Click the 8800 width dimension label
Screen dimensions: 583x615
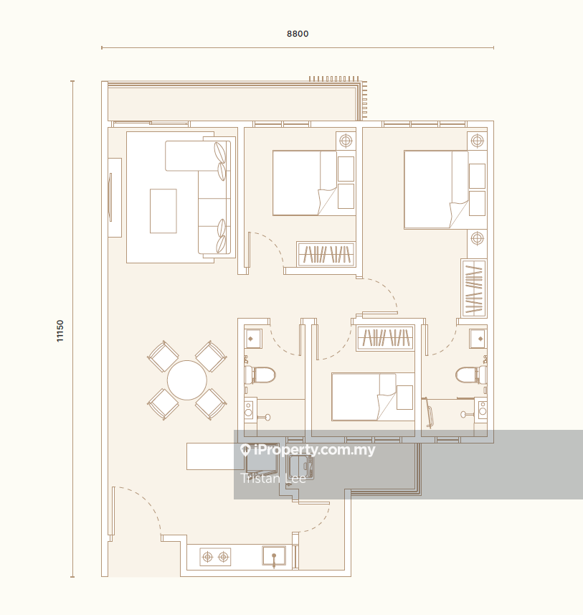pyautogui.click(x=298, y=34)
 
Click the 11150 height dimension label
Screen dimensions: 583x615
pyautogui.click(x=60, y=331)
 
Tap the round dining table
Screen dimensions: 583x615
pyautogui.click(x=187, y=380)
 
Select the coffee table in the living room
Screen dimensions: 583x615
pyautogui.click(x=163, y=211)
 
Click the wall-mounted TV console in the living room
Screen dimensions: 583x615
pyautogui.click(x=115, y=197)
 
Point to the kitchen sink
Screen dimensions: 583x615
pyautogui.click(x=274, y=557)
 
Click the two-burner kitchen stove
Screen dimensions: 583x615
pyautogui.click(x=215, y=557)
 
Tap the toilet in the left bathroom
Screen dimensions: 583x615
pyautogui.click(x=260, y=375)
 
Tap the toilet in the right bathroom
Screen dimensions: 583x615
pyautogui.click(x=471, y=375)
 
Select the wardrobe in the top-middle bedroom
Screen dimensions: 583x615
pyautogui.click(x=326, y=254)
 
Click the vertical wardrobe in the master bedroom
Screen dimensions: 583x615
pyautogui.click(x=474, y=288)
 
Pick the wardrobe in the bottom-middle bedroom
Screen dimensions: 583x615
pyautogui.click(x=386, y=338)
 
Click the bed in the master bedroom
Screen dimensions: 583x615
pyautogui.click(x=436, y=190)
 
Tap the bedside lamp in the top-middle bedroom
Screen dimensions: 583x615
pyautogui.click(x=346, y=141)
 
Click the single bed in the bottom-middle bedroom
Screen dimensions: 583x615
pyautogui.click(x=364, y=397)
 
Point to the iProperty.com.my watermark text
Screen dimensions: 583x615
pyautogui.click(x=308, y=450)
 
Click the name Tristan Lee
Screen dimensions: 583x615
pyautogui.click(x=273, y=479)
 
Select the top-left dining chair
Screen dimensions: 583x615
pyautogui.click(x=163, y=356)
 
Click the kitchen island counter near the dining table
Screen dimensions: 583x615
pyautogui.click(x=210, y=456)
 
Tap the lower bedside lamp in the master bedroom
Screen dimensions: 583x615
pyautogui.click(x=477, y=238)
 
